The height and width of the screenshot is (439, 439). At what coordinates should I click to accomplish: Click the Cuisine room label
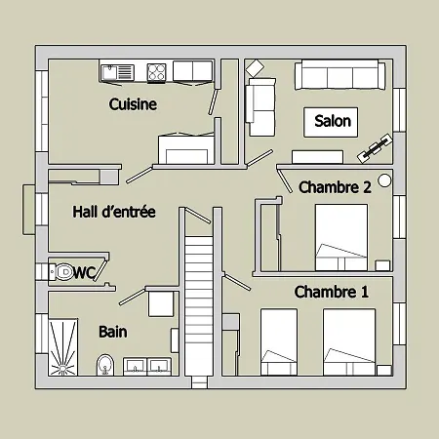(133, 104)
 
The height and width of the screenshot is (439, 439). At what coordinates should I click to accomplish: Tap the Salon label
(333, 121)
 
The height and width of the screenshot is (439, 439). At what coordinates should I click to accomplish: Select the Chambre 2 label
(335, 187)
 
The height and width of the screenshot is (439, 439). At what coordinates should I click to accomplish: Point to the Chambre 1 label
(332, 292)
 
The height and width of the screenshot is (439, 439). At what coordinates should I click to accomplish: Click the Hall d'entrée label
(114, 212)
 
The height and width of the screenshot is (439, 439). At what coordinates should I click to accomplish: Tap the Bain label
(113, 332)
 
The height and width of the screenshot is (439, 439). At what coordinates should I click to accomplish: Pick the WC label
(84, 273)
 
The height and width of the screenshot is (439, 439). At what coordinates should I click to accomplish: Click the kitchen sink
(117, 72)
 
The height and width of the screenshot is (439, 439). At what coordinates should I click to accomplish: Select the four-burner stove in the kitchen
(156, 72)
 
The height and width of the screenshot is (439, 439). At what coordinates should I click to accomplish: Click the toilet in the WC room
(61, 271)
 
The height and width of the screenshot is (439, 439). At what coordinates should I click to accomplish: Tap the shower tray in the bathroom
(63, 347)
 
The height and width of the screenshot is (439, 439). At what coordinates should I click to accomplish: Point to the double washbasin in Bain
(147, 367)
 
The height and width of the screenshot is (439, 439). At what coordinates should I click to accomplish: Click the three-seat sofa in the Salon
(339, 75)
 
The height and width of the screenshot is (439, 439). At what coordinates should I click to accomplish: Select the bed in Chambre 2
(341, 237)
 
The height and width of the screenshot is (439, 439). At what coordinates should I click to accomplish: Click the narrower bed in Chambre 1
(279, 341)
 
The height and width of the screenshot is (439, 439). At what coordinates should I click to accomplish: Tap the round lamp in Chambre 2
(384, 180)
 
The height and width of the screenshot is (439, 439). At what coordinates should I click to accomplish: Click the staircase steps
(199, 305)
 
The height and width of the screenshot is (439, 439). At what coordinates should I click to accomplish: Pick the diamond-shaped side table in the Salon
(255, 68)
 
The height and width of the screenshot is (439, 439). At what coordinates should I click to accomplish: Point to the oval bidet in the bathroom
(105, 365)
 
